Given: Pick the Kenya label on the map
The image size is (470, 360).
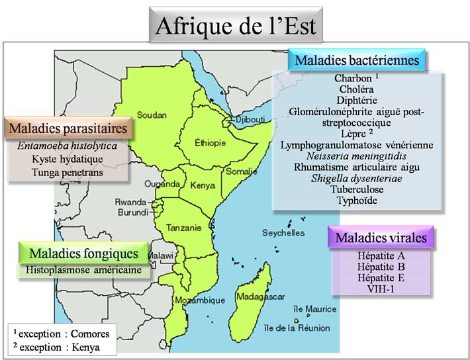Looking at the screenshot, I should click(203, 186).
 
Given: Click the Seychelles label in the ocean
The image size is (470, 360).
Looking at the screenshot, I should click(283, 233).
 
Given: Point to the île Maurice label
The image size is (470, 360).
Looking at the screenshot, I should click(314, 308).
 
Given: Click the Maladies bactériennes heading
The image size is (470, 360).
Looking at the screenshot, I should click(357, 61).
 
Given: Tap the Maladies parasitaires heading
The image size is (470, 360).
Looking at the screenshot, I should click(69, 126).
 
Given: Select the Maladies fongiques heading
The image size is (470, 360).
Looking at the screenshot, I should click(83, 253).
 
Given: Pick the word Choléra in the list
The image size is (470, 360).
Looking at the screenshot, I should click(357, 89).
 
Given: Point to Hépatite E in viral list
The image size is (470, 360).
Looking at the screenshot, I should click(380, 278).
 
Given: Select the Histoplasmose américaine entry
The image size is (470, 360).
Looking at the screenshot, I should click(83, 270).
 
